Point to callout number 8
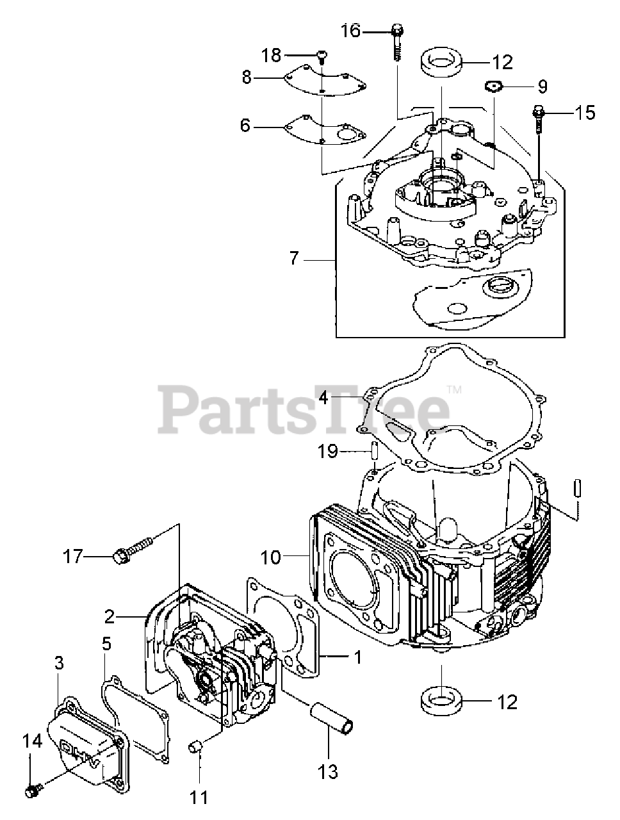point(247,78)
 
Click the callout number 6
point(245,126)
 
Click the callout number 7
point(294,259)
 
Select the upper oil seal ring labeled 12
point(442,63)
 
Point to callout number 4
point(324,398)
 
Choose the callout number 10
point(271,557)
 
